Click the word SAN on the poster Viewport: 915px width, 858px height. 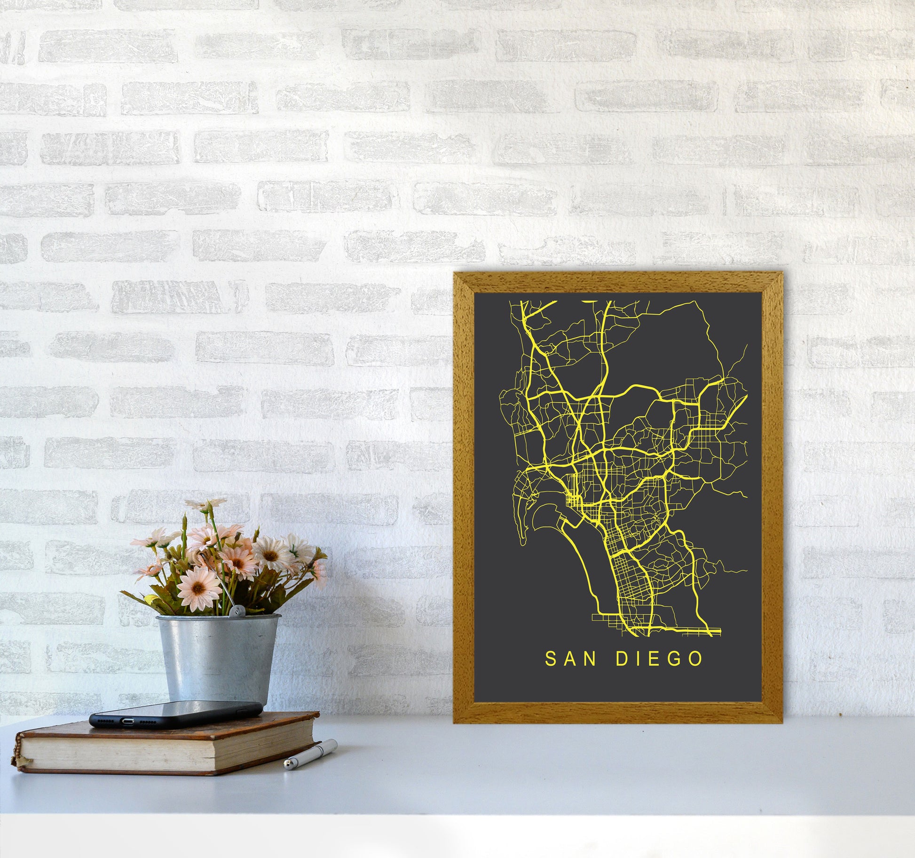(x=571, y=659)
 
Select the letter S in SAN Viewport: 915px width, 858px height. (x=550, y=659)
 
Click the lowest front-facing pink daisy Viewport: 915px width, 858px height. (x=199, y=588)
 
